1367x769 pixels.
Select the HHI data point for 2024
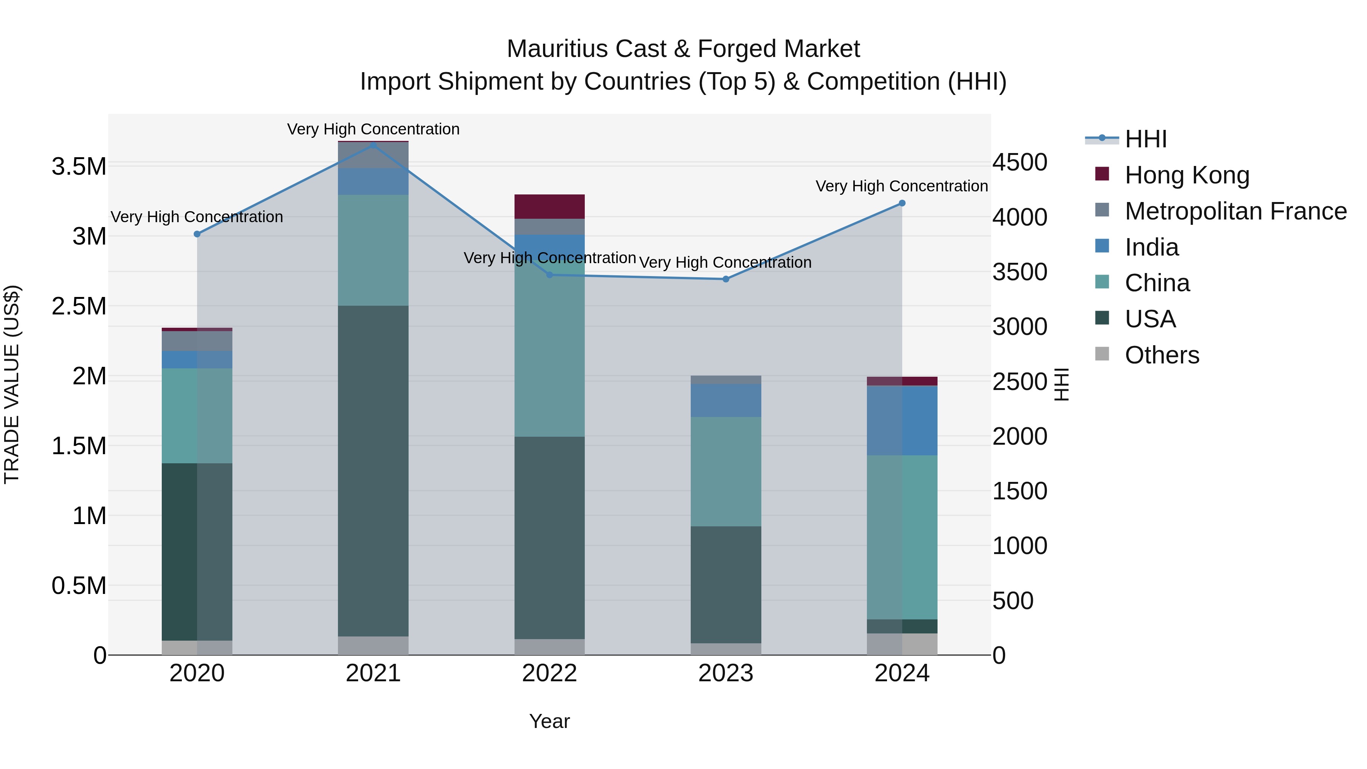(901, 203)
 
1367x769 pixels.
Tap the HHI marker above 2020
(197, 234)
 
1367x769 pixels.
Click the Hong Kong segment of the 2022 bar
(549, 207)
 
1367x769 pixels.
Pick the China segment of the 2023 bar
(725, 471)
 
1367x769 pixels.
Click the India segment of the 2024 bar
(901, 420)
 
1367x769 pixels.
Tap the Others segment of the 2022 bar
(549, 647)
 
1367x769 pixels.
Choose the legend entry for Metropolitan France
(1235, 211)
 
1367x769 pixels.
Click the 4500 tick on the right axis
(1020, 163)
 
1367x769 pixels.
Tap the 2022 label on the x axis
(549, 673)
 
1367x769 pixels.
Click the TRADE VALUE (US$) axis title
(12, 384)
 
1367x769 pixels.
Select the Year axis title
(549, 721)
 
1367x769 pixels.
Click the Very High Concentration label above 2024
(901, 186)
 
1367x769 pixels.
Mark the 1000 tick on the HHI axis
(1020, 546)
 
